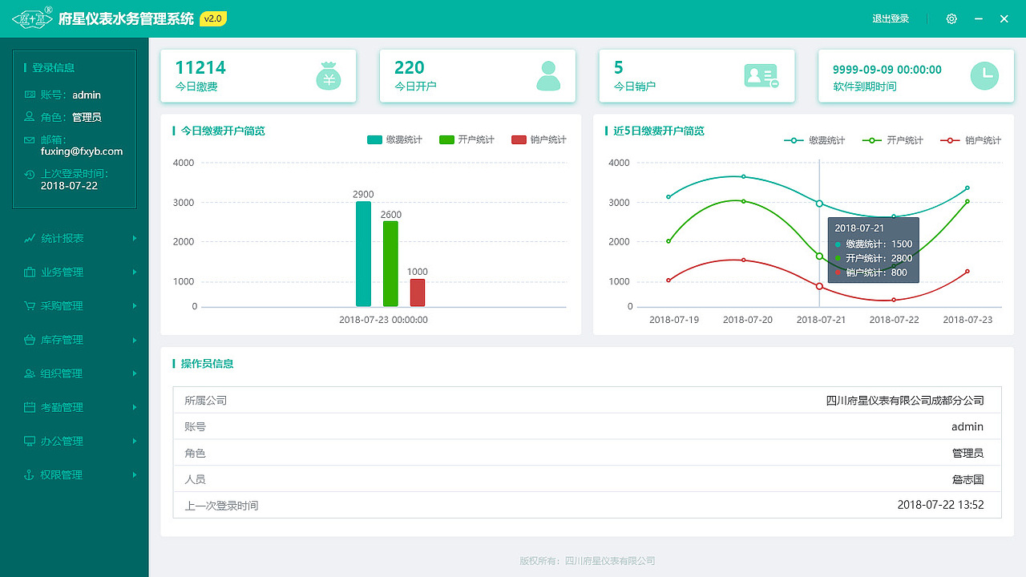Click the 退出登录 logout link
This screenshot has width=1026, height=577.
coord(891,18)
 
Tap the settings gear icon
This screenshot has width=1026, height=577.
coord(951,18)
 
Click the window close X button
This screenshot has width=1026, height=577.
coord(1004,18)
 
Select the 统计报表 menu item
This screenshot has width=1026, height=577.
coord(63,238)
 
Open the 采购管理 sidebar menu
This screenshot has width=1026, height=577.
coord(63,305)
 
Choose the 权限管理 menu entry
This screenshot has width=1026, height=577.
coord(63,474)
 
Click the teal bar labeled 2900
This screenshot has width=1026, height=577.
coord(363,253)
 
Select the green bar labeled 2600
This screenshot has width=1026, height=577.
coord(390,264)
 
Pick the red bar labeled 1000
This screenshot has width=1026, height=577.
coord(418,293)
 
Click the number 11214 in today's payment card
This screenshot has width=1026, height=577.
coord(200,67)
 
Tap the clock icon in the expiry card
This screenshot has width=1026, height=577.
coord(984,75)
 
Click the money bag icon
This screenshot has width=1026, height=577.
coord(329,76)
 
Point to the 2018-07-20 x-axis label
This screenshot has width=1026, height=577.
coord(748,320)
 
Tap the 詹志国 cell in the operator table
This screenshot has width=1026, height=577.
coord(967,479)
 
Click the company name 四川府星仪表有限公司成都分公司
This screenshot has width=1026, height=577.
coord(905,400)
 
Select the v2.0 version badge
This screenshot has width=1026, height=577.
coord(213,18)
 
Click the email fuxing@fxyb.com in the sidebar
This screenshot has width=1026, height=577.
coord(82,151)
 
